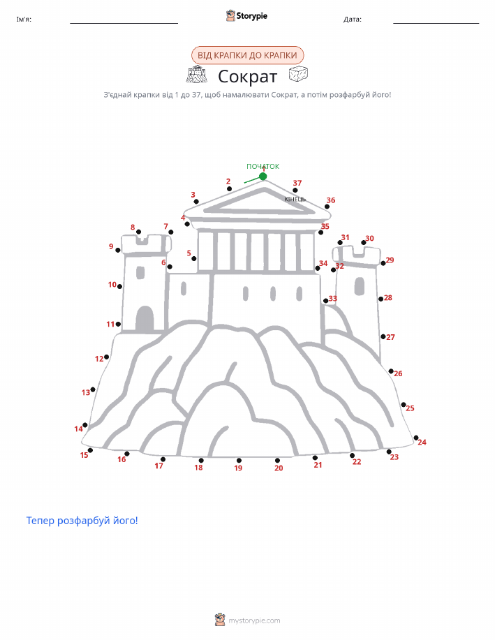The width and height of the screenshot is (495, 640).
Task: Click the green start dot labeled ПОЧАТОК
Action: tap(263, 177)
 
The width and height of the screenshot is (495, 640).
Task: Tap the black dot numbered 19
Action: tap(239, 461)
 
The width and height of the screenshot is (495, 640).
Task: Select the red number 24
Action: tap(422, 442)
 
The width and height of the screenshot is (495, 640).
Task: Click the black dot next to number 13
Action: tap(93, 389)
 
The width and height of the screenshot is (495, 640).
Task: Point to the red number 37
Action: tap(297, 183)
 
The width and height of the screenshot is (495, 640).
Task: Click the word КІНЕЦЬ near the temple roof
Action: tap(295, 199)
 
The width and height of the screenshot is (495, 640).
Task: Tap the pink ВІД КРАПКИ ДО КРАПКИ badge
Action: tap(247, 55)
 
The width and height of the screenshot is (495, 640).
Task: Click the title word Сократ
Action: tap(247, 76)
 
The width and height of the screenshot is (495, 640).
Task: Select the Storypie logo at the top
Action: tap(246, 16)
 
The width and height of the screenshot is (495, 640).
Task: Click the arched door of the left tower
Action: tap(145, 319)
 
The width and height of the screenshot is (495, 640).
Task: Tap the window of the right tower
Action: tap(360, 285)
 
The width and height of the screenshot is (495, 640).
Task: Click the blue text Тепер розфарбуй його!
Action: tap(82, 521)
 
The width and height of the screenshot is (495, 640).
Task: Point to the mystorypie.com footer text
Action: tap(254, 620)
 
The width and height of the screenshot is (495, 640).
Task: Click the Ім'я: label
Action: tap(24, 19)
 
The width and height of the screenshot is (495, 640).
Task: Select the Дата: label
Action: tap(353, 19)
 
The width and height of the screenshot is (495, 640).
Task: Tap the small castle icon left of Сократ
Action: tap(197, 74)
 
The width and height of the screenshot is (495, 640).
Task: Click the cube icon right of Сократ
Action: tap(298, 74)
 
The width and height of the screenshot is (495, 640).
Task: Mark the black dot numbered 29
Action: tap(383, 263)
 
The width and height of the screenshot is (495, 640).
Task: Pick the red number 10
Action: tap(112, 285)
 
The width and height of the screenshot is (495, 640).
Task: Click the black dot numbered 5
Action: tap(194, 258)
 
